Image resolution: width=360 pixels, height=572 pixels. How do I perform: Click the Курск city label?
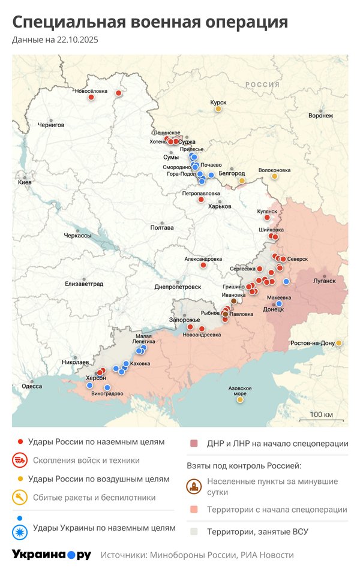tap(218, 103)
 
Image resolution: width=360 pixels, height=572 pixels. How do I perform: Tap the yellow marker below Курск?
tap(218, 109)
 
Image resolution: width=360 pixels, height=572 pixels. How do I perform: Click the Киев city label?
tap(25, 182)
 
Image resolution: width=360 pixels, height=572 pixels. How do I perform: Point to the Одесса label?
tap(32, 386)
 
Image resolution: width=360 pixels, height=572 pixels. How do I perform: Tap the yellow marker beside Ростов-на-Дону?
tap(339, 343)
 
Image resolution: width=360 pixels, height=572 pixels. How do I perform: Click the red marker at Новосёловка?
tap(91, 97)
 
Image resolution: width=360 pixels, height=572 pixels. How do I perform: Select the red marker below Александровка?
tap(203, 265)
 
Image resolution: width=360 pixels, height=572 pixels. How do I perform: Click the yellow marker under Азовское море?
tap(241, 399)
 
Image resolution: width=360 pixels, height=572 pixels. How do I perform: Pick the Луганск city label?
tap(324, 280)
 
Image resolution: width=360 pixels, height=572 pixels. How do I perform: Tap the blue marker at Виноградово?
tap(107, 387)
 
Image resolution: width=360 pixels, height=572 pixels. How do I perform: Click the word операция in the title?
tap(246, 22)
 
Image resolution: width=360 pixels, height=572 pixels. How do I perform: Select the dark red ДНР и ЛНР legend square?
tap(194, 444)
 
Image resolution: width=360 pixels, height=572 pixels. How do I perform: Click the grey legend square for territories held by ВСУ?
tap(194, 531)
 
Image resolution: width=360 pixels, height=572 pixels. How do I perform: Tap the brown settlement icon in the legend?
tap(194, 486)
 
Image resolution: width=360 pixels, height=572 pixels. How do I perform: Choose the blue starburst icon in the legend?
tap(20, 528)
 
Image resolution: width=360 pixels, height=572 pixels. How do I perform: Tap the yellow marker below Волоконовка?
tap(275, 176)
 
